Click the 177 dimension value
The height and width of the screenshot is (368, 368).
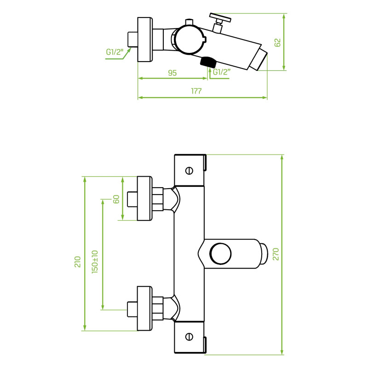(196, 91)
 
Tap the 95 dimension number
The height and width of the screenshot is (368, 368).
(172, 73)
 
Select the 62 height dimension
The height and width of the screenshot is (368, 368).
(277, 42)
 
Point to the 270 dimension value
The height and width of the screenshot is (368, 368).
(276, 254)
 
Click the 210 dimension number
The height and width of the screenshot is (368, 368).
(77, 262)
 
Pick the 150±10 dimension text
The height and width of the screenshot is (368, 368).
(95, 262)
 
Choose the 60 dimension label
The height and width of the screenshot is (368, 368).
(116, 199)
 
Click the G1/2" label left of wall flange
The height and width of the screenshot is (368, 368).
(115, 52)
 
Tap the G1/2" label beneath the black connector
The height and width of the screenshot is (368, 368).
(222, 72)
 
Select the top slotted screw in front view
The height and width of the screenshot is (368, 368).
(189, 171)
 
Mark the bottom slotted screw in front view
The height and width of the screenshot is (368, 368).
(189, 337)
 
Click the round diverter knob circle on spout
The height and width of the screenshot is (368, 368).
(220, 254)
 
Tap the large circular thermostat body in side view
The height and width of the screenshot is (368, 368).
(189, 39)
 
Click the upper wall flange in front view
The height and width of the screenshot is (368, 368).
(144, 198)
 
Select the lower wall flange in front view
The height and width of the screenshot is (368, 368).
(144, 308)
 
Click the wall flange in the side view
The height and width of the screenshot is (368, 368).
(145, 40)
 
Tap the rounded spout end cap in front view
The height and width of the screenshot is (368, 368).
(264, 254)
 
